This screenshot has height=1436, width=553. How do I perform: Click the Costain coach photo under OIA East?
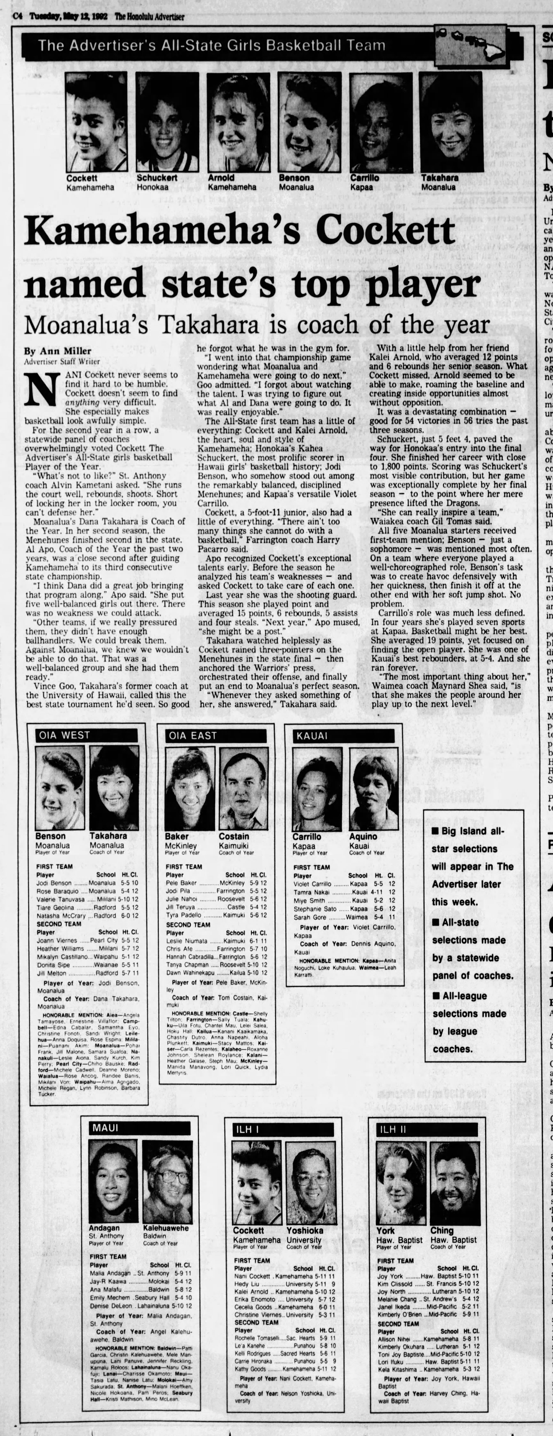243,789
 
